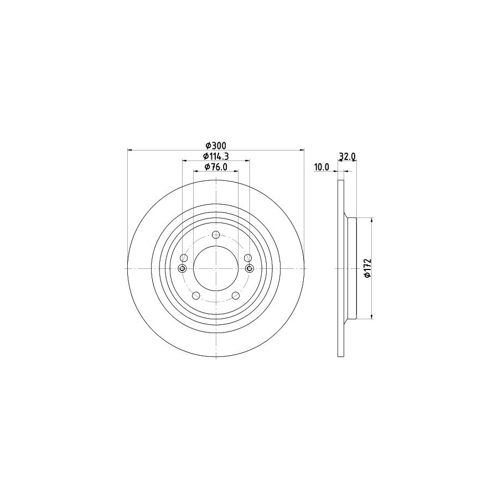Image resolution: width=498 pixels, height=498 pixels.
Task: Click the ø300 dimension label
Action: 216,146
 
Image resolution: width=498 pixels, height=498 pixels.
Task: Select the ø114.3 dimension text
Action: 216,156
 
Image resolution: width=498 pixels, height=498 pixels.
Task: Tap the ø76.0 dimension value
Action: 216,167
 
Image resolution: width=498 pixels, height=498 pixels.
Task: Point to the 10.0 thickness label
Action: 321,167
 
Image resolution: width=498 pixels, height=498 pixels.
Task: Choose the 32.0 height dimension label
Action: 347,156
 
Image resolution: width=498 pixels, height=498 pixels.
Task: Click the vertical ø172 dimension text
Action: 367,268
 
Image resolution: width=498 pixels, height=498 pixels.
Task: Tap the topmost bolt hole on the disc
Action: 216,235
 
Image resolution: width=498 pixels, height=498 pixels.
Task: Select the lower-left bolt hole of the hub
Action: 196,295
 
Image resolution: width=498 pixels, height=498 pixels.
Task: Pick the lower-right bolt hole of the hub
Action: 236,295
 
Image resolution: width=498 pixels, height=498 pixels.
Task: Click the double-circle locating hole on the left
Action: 182,269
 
